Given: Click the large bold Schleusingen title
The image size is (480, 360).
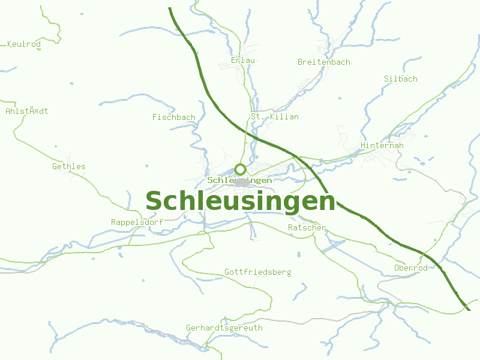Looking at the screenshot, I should (240, 201).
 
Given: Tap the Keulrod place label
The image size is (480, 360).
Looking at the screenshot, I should (23, 44).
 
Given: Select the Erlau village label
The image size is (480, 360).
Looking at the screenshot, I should (243, 61).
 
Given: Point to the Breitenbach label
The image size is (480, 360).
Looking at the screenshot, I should (324, 62).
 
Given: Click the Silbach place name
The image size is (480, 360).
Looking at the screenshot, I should (401, 79).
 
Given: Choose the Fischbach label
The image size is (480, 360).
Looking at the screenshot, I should (174, 118).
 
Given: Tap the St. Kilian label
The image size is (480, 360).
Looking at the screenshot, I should (275, 117).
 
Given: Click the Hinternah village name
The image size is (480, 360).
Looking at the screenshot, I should (382, 146).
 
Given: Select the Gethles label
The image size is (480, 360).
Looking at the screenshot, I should (69, 167).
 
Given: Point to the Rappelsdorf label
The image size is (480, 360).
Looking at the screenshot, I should (137, 223).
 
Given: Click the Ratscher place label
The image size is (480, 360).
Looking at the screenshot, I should (307, 228).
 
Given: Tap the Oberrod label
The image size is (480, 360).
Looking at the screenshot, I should (411, 268).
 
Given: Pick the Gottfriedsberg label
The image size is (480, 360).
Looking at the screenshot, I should (258, 272).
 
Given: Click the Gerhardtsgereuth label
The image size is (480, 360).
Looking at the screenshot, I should (224, 328).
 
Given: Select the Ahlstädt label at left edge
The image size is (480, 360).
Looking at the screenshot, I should (26, 112).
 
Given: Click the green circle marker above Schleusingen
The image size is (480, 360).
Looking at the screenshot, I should (241, 169).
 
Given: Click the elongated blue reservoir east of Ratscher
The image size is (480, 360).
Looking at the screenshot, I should (333, 246).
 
